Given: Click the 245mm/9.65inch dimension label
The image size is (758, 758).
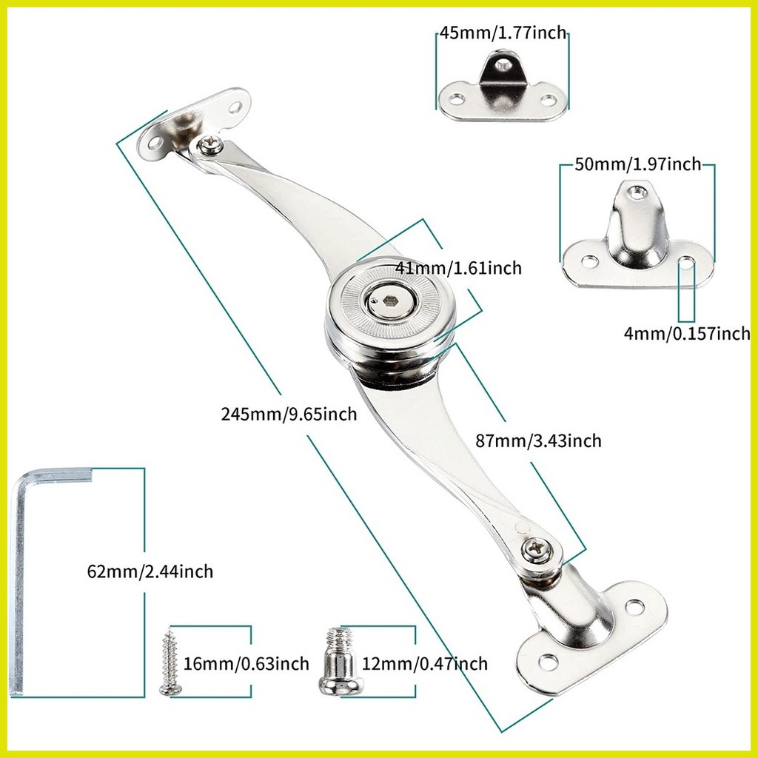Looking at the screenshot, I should [289, 414].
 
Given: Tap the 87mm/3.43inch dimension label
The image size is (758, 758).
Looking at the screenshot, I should [538, 441].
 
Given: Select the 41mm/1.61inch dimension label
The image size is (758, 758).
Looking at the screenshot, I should [457, 268].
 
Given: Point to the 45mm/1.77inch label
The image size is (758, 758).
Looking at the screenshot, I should [503, 33].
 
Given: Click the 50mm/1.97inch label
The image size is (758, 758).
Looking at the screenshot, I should [637, 164].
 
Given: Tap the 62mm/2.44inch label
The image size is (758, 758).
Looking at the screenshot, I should [150, 571].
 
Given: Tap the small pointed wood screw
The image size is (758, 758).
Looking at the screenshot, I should [170, 663].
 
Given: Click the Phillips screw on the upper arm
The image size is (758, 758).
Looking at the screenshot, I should [209, 146].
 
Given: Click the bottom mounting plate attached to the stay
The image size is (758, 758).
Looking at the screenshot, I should [592, 637].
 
